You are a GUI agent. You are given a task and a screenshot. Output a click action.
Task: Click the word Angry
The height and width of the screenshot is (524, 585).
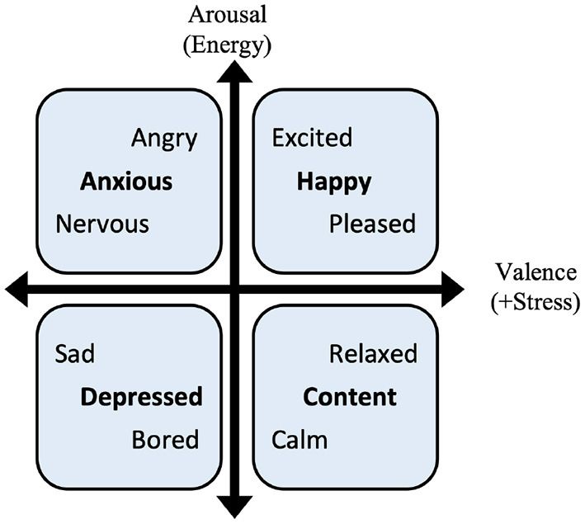point(164,139)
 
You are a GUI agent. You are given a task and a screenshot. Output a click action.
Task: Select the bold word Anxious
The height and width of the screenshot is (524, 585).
point(126,182)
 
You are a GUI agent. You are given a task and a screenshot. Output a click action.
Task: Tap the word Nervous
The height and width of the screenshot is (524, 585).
point(102,224)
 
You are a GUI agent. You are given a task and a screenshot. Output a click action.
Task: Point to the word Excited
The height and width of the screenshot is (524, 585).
point(312,137)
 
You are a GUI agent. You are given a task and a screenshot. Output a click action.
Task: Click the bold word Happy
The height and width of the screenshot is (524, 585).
point(334,183)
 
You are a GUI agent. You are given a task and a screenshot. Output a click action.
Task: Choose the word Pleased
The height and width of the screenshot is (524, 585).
point(372,224)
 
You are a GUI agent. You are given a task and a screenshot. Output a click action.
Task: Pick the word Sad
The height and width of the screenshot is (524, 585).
point(74,353)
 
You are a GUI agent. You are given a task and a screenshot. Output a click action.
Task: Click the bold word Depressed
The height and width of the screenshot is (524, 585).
point(141,398)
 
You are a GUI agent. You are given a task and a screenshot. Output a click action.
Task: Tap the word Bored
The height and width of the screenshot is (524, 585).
point(165,440)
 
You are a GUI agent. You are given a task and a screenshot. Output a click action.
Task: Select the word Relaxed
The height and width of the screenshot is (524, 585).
point(373,353)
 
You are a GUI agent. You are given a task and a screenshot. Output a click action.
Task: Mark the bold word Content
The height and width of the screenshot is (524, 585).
point(350,397)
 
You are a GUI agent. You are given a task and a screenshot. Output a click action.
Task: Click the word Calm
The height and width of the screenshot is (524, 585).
point(300,440)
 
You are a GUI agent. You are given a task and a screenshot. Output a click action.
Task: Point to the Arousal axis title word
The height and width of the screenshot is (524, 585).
point(228,16)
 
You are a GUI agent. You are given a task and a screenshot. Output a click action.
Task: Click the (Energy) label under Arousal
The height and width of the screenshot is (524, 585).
point(227,46)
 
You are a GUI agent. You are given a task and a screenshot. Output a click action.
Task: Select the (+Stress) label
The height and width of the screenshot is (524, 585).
point(535,302)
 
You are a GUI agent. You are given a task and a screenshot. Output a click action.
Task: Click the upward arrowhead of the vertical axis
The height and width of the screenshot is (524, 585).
point(234,71)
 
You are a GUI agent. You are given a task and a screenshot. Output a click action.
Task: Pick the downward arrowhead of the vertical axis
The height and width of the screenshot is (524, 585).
point(234,507)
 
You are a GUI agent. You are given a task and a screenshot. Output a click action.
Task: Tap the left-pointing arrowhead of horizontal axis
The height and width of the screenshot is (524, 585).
point(17,290)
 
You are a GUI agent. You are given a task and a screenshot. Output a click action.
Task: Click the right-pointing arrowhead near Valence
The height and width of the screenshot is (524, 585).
point(453,290)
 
